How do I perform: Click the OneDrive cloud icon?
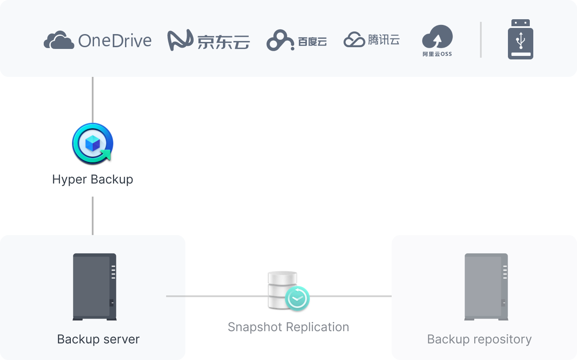(59, 40)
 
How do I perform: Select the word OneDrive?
(115, 41)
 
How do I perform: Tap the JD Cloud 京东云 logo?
(209, 41)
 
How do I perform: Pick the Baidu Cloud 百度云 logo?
(296, 41)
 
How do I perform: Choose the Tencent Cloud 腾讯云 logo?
(372, 40)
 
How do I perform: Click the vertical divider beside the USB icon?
(481, 40)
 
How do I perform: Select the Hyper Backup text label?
(93, 179)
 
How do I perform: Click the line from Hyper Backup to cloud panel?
(93, 100)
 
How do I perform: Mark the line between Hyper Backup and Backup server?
(93, 216)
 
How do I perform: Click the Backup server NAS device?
(94, 287)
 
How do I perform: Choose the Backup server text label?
(98, 339)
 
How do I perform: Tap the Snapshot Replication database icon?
(282, 288)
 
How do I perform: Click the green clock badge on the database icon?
(297, 298)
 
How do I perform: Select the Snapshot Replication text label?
(288, 327)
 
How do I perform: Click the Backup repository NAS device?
(486, 287)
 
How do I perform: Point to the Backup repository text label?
(479, 339)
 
